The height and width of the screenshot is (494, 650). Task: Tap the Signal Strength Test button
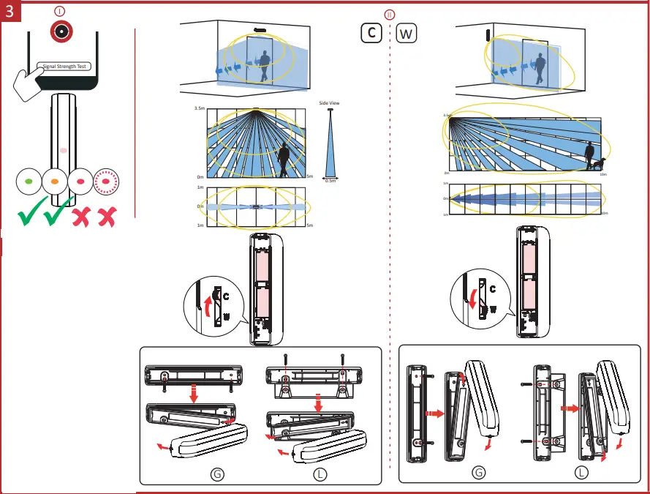[x=64, y=67]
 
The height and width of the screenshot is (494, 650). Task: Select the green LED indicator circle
[x=29, y=179]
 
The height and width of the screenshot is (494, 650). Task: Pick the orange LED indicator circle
[x=54, y=179]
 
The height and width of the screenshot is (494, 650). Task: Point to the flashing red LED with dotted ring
[x=106, y=179]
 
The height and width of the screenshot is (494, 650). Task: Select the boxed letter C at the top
[x=371, y=34]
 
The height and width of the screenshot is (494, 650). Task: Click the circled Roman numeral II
[x=389, y=15]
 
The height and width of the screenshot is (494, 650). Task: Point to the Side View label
[x=329, y=103]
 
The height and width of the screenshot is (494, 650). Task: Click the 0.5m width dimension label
[x=330, y=180]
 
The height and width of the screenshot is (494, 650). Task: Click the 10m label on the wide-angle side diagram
[x=603, y=175]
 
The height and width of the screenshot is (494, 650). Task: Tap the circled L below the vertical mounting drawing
[x=581, y=473]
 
